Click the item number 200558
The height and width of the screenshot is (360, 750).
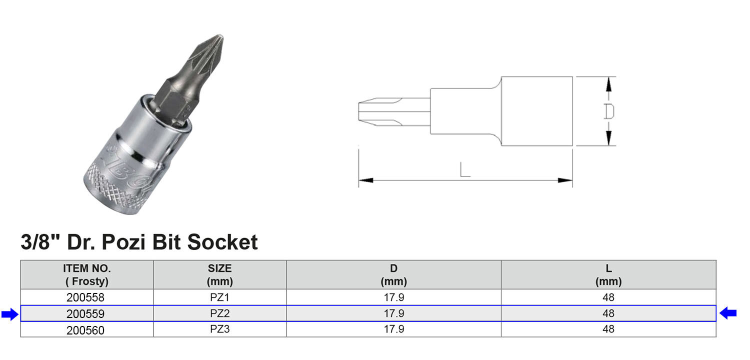[x=85, y=297]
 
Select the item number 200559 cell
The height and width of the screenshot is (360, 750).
[x=85, y=314]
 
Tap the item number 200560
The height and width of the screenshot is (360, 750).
[x=85, y=330]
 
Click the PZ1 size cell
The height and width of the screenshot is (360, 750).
[x=219, y=297]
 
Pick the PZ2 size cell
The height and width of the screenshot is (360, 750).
[x=219, y=313]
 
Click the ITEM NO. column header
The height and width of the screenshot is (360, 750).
[x=87, y=274]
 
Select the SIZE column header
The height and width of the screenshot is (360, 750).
[x=219, y=274]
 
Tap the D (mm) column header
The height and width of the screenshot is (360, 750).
[x=393, y=274]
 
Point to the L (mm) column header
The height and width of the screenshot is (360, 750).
[x=608, y=274]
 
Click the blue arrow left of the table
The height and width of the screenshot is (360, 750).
[x=9, y=314]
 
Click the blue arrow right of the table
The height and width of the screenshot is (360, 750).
[x=728, y=313]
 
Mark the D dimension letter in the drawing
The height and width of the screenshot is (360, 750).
[x=608, y=111]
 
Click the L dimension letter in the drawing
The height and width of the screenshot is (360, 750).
[x=465, y=170]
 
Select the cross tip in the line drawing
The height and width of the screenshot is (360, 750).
[x=367, y=111]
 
